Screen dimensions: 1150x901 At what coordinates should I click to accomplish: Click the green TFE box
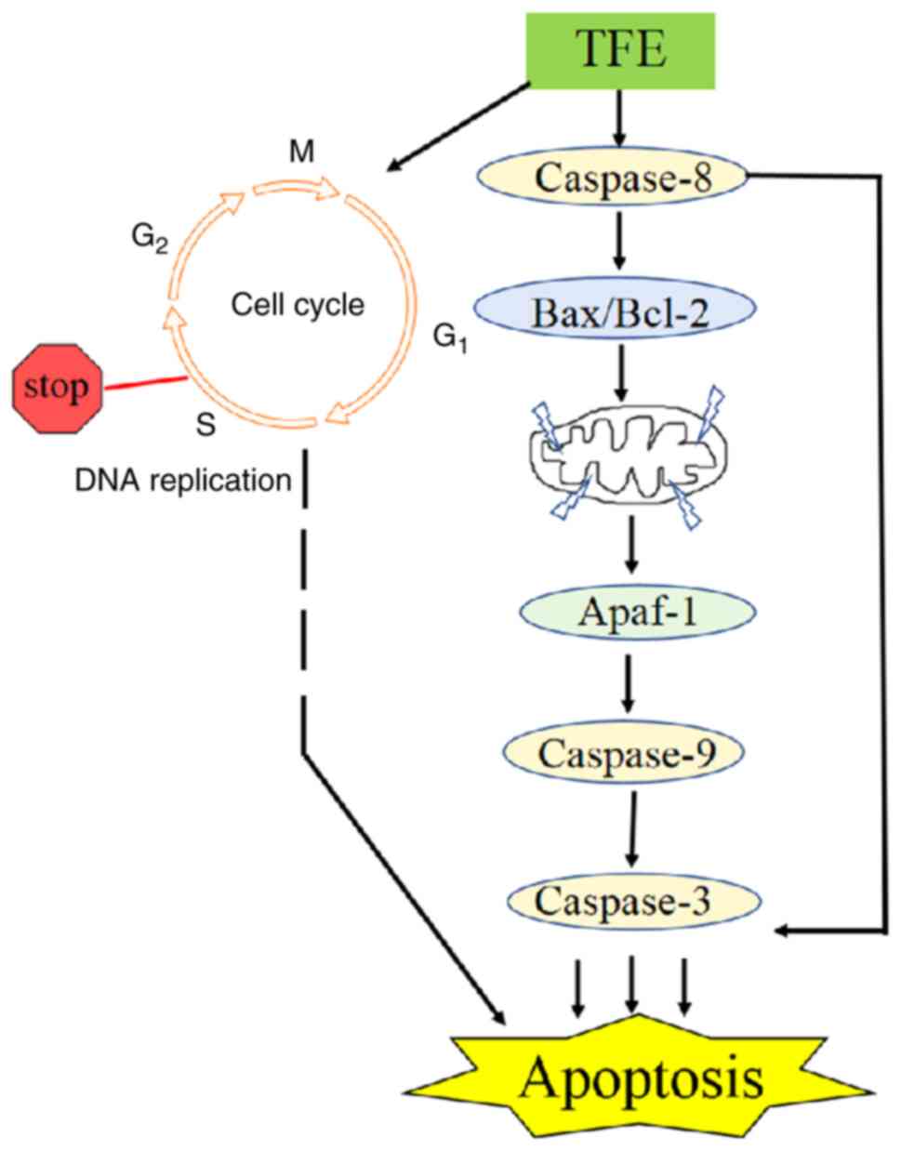click(x=622, y=50)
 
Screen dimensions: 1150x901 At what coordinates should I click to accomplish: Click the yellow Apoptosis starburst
click(x=642, y=1079)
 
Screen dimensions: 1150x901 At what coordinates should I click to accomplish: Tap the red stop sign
click(x=57, y=386)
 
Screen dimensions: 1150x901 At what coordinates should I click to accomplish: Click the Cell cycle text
click(x=298, y=304)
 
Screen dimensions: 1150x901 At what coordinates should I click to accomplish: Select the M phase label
click(x=300, y=152)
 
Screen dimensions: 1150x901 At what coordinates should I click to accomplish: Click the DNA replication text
click(x=183, y=480)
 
